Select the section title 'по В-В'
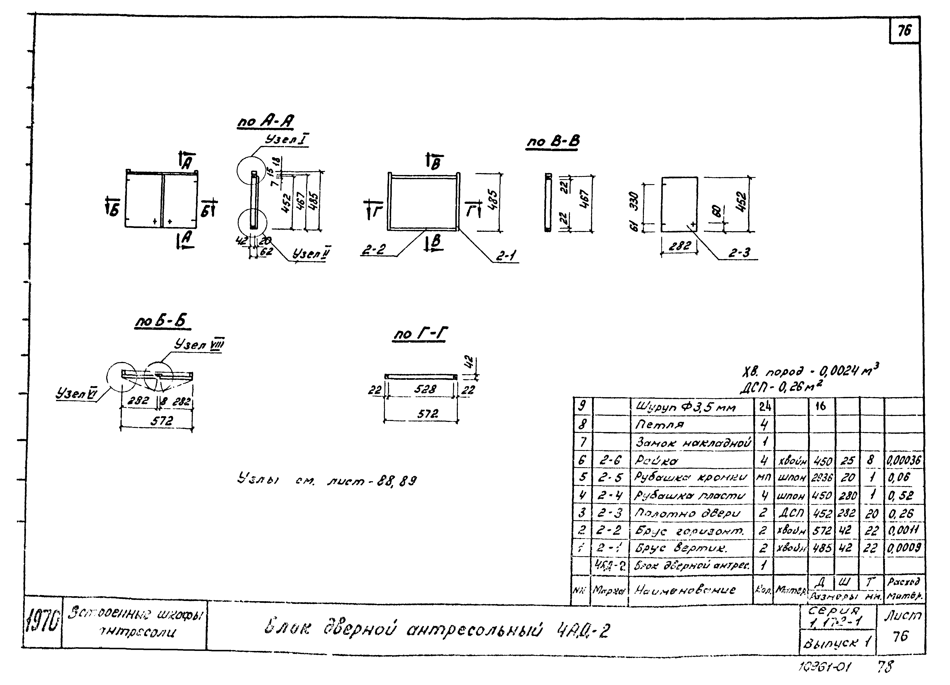pyautogui.click(x=553, y=142)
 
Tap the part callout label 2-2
pyautogui.click(x=374, y=250)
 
